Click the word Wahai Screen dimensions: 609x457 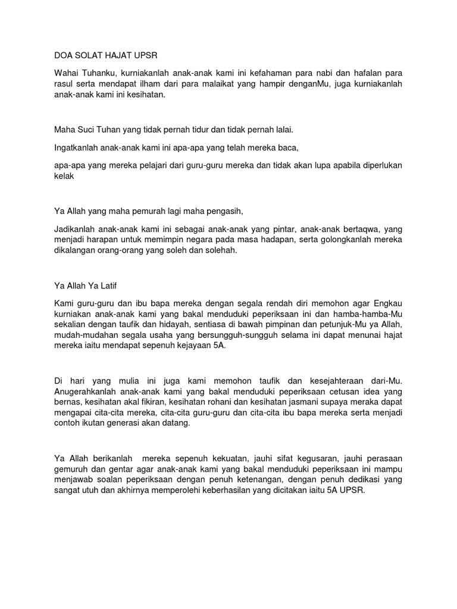tap(66, 73)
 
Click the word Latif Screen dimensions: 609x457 tap(112, 285)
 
